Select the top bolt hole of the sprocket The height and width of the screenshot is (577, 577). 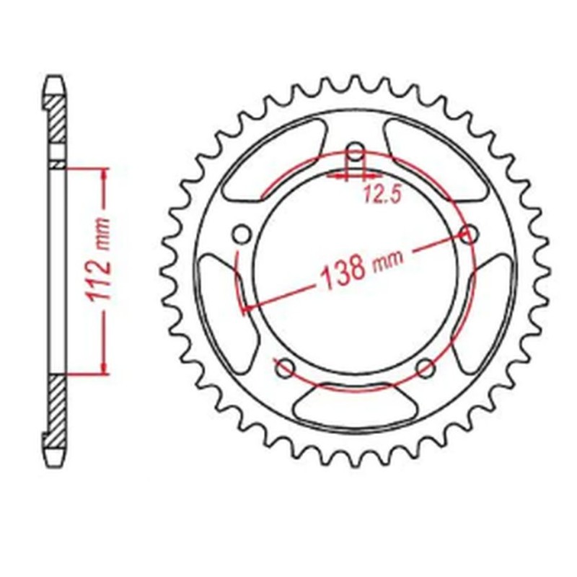tap(355, 152)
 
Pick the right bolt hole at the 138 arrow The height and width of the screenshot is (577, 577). tap(469, 234)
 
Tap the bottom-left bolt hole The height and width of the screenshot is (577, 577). tap(286, 368)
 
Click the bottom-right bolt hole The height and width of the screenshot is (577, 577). tap(426, 368)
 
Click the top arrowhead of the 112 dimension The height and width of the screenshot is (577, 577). tap(105, 173)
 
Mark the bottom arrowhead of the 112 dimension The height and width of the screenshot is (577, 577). tap(105, 369)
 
